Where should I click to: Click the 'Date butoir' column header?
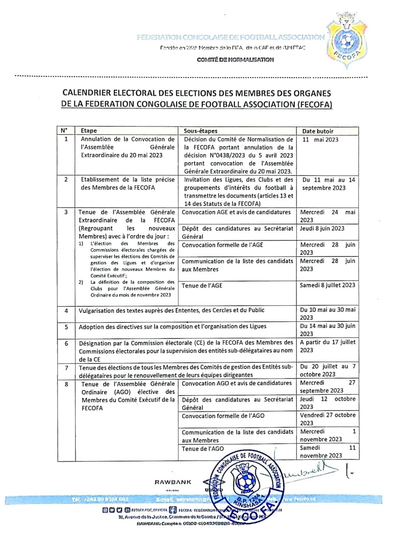click(318, 131)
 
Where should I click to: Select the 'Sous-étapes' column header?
click(200, 131)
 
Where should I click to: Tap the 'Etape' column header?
click(89, 130)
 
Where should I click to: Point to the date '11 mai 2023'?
click(320, 140)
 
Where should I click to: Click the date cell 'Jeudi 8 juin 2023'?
click(322, 229)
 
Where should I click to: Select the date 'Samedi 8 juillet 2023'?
click(327, 285)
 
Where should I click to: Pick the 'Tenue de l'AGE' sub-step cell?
click(202, 286)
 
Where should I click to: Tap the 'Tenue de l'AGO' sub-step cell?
click(203, 449)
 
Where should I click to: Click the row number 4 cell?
click(66, 311)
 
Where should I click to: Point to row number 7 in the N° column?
click(66, 368)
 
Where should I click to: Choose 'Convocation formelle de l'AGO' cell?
click(223, 416)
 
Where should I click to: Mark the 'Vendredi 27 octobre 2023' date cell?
click(328, 419)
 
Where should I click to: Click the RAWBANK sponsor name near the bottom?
click(173, 482)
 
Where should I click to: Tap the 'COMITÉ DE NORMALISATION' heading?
click(235, 59)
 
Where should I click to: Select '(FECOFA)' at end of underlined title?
click(314, 104)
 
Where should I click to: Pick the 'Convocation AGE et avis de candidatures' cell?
click(236, 212)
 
